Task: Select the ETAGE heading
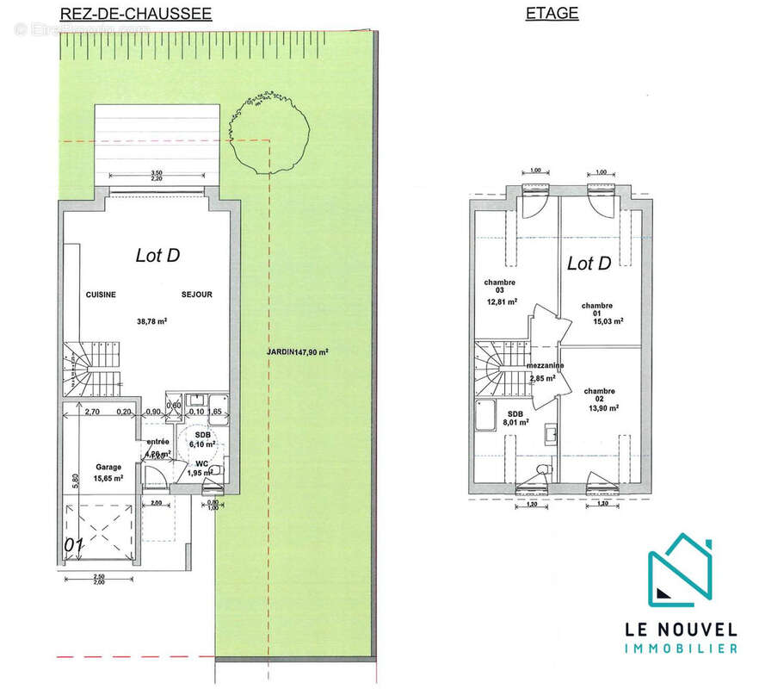click(x=552, y=13)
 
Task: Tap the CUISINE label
click(x=101, y=295)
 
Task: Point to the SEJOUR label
click(x=196, y=295)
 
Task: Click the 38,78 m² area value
click(x=151, y=321)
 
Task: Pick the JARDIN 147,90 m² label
click(x=297, y=351)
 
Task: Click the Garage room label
click(x=108, y=468)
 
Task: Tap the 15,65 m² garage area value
click(x=108, y=478)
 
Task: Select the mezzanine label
click(x=546, y=365)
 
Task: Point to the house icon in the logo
click(x=680, y=567)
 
